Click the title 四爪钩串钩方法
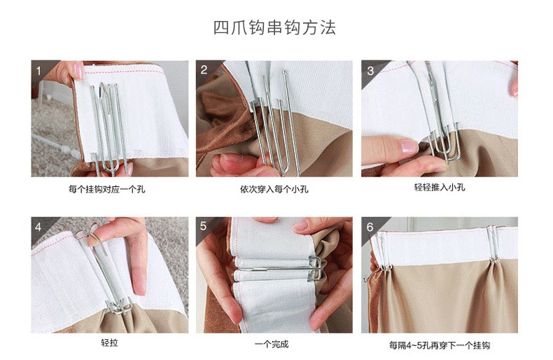coord(274,27)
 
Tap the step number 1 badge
coord(38,71)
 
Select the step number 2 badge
coord(204,70)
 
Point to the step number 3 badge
coord(370,71)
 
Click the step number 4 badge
coord(38,227)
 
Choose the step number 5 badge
coord(204,226)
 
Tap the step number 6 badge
coord(370,227)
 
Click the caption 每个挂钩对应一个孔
coord(107,189)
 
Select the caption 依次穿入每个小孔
coord(274,189)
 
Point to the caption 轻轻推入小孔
coord(440,187)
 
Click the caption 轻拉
coord(109,342)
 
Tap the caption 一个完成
coord(272,344)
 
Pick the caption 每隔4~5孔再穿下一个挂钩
coord(440,345)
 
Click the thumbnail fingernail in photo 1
coord(78,71)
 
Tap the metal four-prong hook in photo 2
coord(273,123)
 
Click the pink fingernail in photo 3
coord(409,146)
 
